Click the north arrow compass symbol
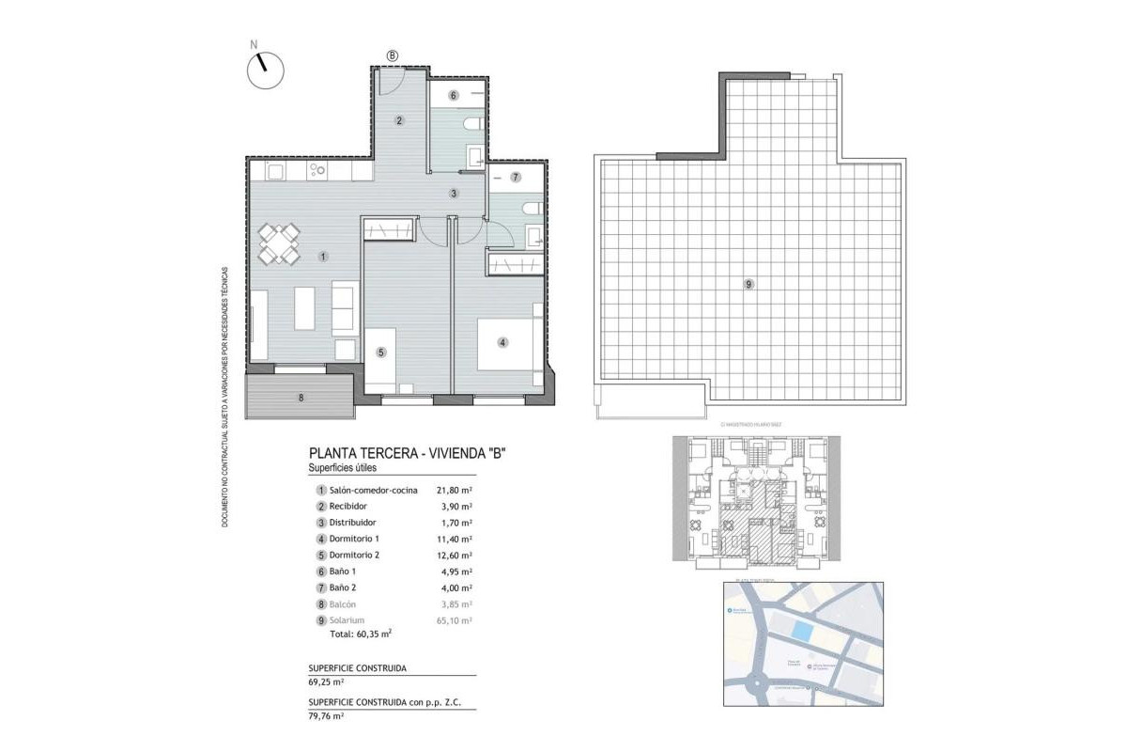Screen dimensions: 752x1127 (x=265, y=69)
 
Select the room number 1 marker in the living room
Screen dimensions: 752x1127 (x=322, y=256)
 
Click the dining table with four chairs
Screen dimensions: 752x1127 (x=279, y=243)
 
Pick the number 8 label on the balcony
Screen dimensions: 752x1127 (x=301, y=398)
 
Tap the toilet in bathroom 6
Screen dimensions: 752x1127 (x=474, y=124)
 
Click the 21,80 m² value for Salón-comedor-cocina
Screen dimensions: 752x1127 (x=454, y=490)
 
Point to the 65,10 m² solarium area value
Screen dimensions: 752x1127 (x=454, y=620)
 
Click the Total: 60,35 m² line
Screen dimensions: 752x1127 (x=360, y=634)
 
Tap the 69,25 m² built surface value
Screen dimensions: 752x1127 (x=326, y=682)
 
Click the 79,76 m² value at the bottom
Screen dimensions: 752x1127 (x=326, y=716)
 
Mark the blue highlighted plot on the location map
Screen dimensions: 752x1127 (x=801, y=631)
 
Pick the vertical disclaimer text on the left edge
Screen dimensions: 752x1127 (x=225, y=395)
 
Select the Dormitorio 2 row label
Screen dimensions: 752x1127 (x=357, y=556)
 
